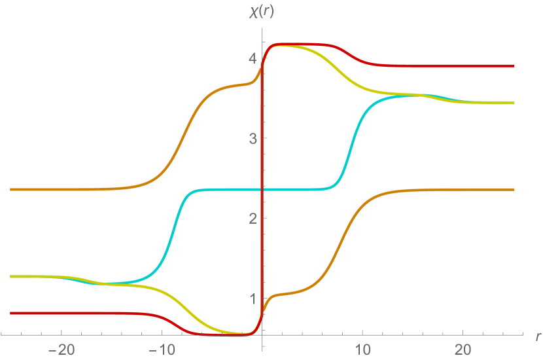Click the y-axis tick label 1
pyautogui.click(x=251, y=298)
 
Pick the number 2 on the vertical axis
pyautogui.click(x=251, y=218)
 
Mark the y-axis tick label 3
pyautogui.click(x=251, y=138)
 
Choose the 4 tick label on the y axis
pyautogui.click(x=251, y=59)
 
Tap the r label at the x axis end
pyautogui.click(x=537, y=336)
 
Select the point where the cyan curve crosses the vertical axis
pyautogui.click(x=262, y=189)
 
